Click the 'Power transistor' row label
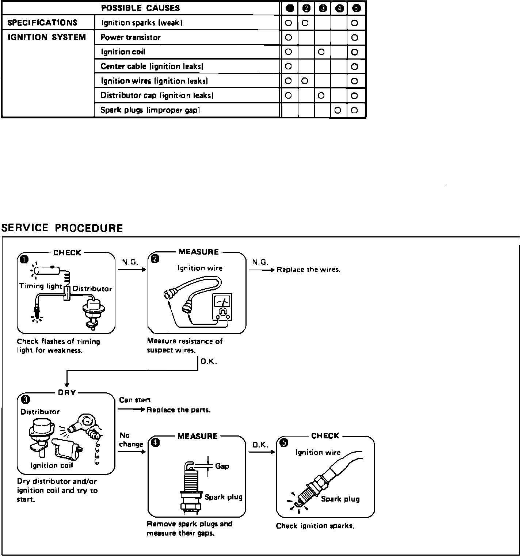point(130,37)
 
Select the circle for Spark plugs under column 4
point(338,110)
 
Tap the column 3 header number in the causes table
point(322,8)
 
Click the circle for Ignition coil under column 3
point(321,52)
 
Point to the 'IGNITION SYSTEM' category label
point(46,37)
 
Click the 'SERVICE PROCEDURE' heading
point(62,228)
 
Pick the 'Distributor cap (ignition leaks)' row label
point(157,96)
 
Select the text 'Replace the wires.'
point(308,270)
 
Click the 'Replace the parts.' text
point(178,410)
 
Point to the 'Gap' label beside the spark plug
point(222,466)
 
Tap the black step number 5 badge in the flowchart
point(284,443)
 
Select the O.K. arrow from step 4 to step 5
point(262,452)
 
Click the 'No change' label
point(131,440)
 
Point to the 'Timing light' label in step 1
point(41,286)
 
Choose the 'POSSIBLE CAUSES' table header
point(140,8)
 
